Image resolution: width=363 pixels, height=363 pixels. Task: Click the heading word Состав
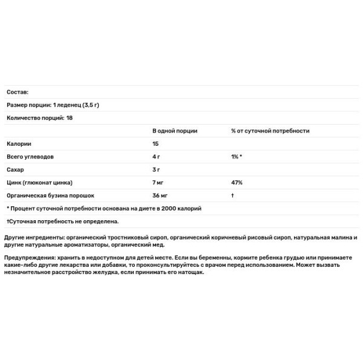tap(16, 92)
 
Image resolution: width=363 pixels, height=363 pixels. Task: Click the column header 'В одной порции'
tap(175, 131)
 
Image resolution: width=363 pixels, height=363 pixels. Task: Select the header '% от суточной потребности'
tap(270, 131)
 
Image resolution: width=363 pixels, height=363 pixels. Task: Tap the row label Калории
tap(19, 143)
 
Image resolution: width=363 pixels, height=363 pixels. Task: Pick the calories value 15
tap(156, 143)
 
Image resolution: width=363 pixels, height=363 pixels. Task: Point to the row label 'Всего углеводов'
tap(30, 157)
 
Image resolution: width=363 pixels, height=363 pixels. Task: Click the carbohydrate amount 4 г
tap(157, 157)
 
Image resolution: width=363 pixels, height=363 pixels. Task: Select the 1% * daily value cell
tap(237, 157)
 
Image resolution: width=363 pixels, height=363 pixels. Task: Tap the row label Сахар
tap(15, 169)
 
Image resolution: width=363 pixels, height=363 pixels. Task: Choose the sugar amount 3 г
tap(157, 169)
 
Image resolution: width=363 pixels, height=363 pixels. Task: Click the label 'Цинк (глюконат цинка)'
tap(39, 182)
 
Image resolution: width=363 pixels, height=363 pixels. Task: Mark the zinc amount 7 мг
tap(159, 182)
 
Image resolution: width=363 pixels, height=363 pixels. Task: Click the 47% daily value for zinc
tap(237, 182)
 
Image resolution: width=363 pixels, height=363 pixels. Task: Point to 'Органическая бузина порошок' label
tap(51, 195)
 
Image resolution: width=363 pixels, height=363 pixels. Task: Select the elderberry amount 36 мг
tap(161, 195)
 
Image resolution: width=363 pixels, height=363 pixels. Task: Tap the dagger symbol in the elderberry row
tap(232, 195)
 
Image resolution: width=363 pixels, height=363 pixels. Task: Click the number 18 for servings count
tap(68, 118)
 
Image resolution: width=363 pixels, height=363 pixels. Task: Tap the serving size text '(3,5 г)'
tap(89, 105)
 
